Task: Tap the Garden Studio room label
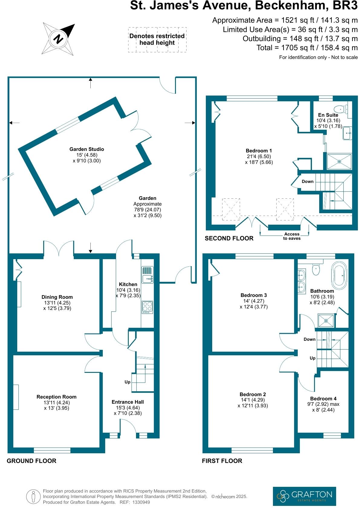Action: pyautogui.click(x=87, y=149)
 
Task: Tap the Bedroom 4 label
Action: pyautogui.click(x=323, y=399)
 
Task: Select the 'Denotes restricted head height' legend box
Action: pyautogui.click(x=157, y=40)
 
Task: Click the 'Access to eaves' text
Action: pyautogui.click(x=292, y=236)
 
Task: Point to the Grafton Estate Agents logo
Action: pyautogui.click(x=304, y=495)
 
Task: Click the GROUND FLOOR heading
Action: pyautogui.click(x=31, y=461)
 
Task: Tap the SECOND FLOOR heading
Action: pyautogui.click(x=229, y=238)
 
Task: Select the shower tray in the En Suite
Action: pyautogui.click(x=339, y=161)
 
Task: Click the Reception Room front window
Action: pyautogui.click(x=52, y=450)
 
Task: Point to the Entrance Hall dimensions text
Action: pyautogui.click(x=128, y=410)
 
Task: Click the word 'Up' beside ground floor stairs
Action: pyautogui.click(x=128, y=382)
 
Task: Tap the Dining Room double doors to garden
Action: pyautogui.click(x=59, y=249)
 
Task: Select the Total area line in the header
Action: pyautogui.click(x=307, y=48)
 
